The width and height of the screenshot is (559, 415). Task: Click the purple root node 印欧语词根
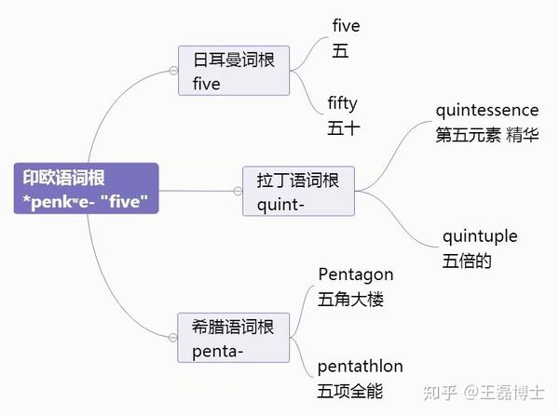click(85, 188)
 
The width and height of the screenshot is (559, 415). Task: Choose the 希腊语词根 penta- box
click(233, 339)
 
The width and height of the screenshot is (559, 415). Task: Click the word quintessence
click(486, 111)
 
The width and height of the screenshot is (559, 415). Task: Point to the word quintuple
click(480, 236)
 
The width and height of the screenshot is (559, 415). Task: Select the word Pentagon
click(356, 274)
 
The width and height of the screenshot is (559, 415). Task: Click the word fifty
click(343, 102)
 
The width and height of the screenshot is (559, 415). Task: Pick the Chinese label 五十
click(343, 128)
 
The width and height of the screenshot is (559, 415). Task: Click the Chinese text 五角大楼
click(350, 300)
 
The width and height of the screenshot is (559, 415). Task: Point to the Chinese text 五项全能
click(350, 392)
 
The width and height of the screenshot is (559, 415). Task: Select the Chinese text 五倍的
click(467, 261)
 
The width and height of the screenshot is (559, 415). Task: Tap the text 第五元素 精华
click(486, 135)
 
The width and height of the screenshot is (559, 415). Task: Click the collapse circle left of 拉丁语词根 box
click(239, 192)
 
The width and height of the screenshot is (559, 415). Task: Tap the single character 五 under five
click(340, 52)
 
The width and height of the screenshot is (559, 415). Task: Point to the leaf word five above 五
click(346, 26)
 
